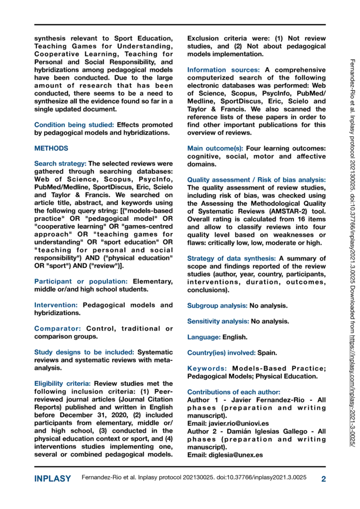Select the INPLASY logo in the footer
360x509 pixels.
[x=52, y=479]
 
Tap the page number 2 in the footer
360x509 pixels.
[x=323, y=479]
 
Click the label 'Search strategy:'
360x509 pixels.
[x=60, y=164]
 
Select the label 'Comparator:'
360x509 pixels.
[x=58, y=329]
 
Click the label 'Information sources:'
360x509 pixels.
[x=223, y=70]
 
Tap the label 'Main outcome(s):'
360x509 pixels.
[x=215, y=148]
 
